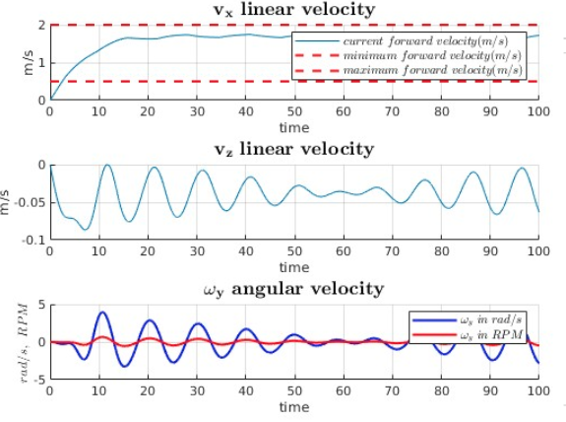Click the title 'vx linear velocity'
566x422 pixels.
[x=294, y=10]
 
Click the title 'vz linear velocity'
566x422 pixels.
[x=294, y=149]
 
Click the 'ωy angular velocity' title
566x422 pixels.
[x=294, y=289]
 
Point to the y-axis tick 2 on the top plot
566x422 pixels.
[x=42, y=26]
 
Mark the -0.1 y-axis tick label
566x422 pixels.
[x=34, y=241]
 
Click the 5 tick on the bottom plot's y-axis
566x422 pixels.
[x=42, y=305]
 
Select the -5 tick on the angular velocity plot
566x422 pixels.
[x=39, y=380]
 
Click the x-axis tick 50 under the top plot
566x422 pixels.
[x=294, y=111]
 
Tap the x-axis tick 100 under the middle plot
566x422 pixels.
[x=538, y=251]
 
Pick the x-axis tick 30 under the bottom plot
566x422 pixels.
[x=197, y=391]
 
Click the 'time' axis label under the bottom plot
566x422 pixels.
[x=294, y=407]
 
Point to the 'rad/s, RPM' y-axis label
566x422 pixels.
[x=25, y=342]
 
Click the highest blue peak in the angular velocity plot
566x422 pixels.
[x=102, y=313]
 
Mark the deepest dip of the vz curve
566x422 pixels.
[x=86, y=230]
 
